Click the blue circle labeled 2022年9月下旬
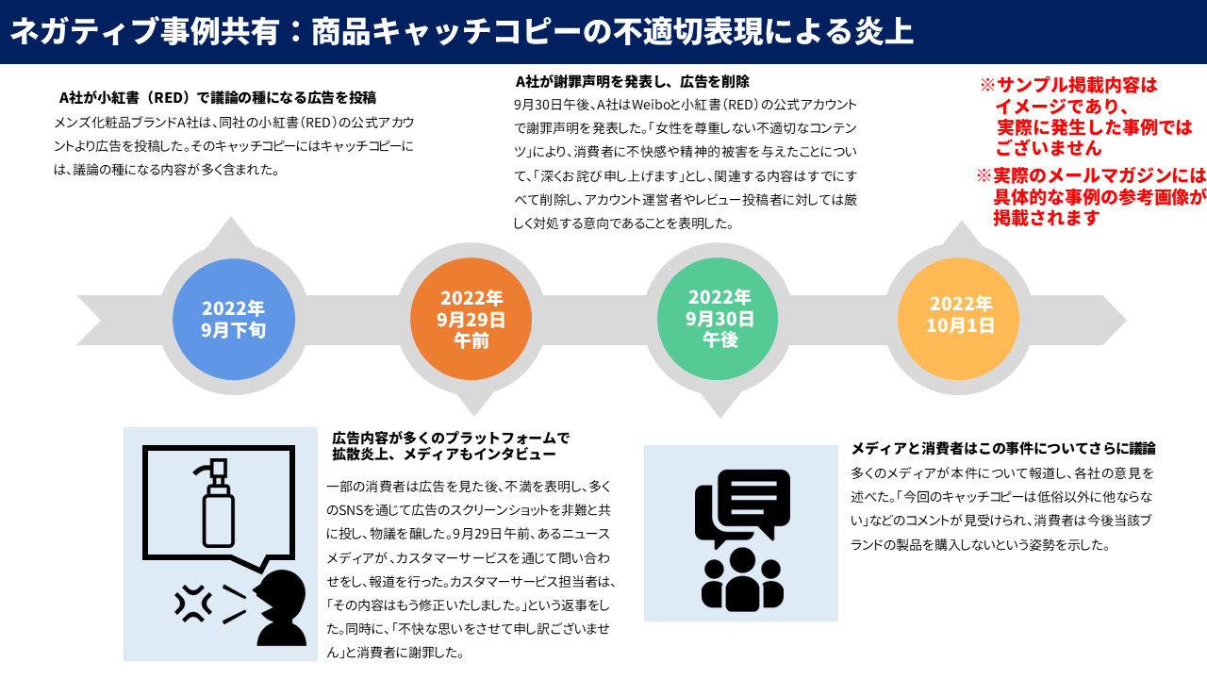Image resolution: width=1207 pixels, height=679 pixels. click(x=233, y=319)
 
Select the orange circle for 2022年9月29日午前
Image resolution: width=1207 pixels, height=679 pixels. click(x=471, y=319)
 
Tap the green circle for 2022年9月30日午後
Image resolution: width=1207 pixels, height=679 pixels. click(x=719, y=319)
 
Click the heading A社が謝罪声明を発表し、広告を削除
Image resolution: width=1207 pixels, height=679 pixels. click(x=633, y=81)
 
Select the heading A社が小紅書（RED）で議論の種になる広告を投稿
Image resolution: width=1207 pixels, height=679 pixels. click(x=218, y=97)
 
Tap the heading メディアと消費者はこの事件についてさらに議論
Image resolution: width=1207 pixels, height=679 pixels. click(x=1003, y=448)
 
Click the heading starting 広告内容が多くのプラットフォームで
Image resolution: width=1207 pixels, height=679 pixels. click(x=451, y=439)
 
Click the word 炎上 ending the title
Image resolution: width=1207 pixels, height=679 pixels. click(x=885, y=31)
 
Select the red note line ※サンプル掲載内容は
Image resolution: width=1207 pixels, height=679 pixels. click(x=1068, y=85)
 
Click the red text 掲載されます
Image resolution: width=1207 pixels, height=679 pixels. click(x=1047, y=218)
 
